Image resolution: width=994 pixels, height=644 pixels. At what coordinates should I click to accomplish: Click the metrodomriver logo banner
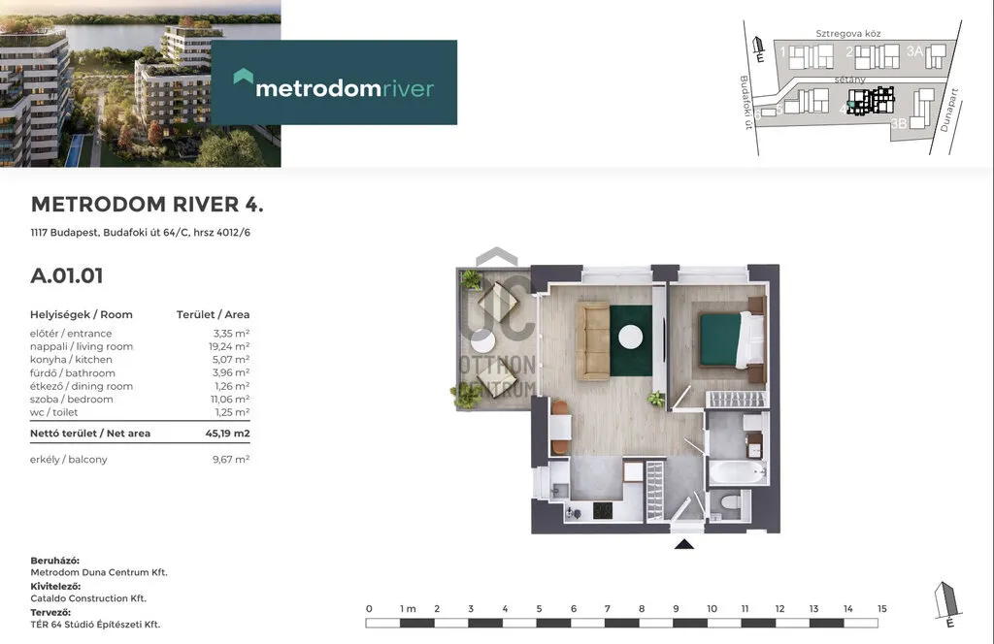pos(334,82)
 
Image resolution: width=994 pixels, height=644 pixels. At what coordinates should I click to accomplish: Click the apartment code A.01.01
pos(67,276)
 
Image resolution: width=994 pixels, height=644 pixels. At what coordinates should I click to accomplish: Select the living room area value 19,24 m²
pos(229,346)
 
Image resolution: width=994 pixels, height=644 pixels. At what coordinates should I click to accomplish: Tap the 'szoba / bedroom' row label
pos(71,399)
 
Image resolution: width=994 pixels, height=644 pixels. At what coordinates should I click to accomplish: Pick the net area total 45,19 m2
pos(227,434)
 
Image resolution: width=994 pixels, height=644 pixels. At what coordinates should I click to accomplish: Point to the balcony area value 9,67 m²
pos(231,459)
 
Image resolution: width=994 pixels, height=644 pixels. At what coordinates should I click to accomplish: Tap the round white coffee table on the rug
pos(631,337)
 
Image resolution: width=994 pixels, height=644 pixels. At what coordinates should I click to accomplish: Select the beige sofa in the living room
pos(593,340)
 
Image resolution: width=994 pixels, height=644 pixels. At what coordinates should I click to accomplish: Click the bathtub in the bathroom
pos(737,472)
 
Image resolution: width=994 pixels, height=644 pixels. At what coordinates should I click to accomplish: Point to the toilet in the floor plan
pos(732,503)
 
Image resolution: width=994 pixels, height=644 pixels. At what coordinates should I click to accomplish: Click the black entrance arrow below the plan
pos(684,544)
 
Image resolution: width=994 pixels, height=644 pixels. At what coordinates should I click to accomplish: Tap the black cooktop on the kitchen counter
pos(602,510)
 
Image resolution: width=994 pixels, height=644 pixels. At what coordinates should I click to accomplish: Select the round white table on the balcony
pos(483,340)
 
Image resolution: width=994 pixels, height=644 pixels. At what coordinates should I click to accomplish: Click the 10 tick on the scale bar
pos(712,608)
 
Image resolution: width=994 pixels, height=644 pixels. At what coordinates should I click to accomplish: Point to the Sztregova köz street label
pos(847,34)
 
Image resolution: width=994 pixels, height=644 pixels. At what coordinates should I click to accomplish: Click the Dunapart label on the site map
pos(949,111)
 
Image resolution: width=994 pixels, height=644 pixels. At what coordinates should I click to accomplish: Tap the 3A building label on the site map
pos(914,51)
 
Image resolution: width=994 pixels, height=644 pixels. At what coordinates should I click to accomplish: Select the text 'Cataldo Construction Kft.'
pos(88,597)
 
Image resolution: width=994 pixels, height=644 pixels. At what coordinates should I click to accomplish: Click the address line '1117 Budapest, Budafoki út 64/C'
pos(109,233)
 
